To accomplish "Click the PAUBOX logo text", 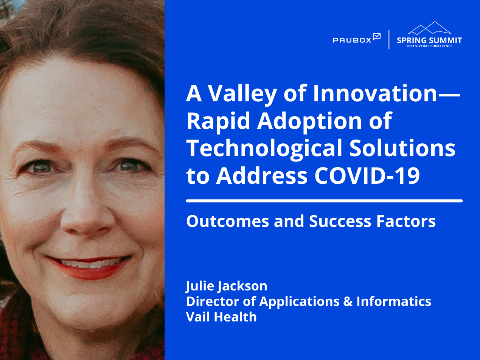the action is pos(352,40).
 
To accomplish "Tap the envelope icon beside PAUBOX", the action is pos(377,36).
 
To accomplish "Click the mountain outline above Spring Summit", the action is pos(429,28).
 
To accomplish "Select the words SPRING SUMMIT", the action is pos(429,40).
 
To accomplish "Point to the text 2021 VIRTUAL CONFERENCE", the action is pos(429,46).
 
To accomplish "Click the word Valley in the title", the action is pos(242,95).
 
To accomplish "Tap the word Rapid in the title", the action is pos(218,121).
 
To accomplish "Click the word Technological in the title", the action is pos(264,149).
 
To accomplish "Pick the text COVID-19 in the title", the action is pos(367,176).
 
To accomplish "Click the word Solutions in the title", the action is pos(402,148).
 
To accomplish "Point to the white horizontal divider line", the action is pos(324,201).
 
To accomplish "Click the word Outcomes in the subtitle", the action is pos(228,221).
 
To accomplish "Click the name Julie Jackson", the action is pos(227,286).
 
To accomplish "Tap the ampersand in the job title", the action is pos(348,302).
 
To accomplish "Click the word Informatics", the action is pos(394,301).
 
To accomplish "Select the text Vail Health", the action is pos(221,317).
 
